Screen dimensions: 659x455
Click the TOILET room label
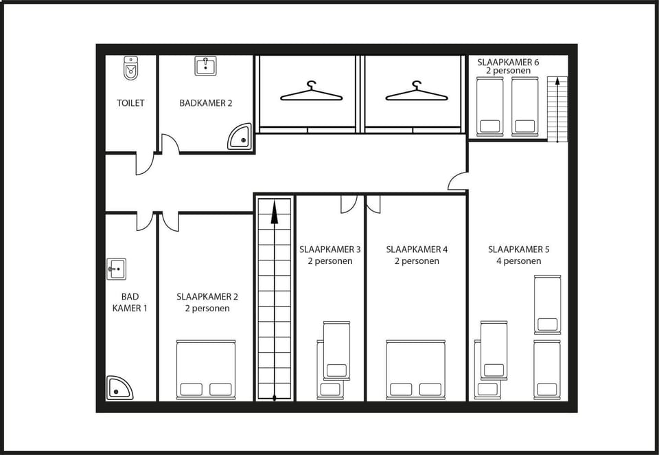click(130, 102)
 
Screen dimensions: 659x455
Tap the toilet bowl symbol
click(130, 68)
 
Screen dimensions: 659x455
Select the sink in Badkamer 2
click(205, 66)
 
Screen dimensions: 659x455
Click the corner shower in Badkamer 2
click(240, 137)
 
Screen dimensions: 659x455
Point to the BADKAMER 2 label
click(205, 102)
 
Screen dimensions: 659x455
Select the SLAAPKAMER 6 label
click(508, 63)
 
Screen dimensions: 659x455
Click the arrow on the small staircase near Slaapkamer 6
click(557, 109)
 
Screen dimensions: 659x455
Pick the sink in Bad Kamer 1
click(116, 269)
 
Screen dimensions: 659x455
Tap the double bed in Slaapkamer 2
click(205, 369)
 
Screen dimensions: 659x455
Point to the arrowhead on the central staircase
click(274, 212)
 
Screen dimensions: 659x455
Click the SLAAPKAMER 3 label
click(330, 249)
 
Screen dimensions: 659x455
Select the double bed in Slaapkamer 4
click(415, 369)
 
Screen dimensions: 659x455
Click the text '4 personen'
click(518, 261)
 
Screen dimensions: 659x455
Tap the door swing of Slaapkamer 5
click(457, 181)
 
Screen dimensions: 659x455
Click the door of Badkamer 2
click(170, 144)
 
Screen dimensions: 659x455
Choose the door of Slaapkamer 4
click(373, 203)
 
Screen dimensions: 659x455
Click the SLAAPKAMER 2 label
click(207, 297)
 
